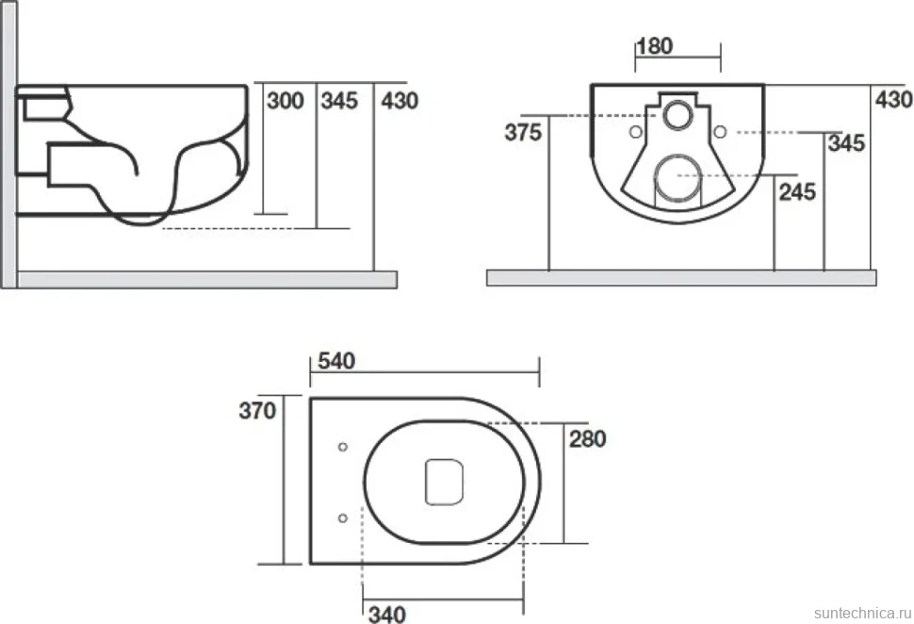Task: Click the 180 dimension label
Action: [655, 46]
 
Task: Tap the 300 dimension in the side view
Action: [286, 101]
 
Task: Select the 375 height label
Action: [524, 132]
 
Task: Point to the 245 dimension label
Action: [797, 192]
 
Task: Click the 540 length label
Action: [336, 361]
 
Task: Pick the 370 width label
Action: [257, 411]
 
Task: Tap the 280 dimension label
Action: [588, 438]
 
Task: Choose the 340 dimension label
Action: [387, 614]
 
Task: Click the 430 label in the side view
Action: [400, 101]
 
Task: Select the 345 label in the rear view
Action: [846, 143]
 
